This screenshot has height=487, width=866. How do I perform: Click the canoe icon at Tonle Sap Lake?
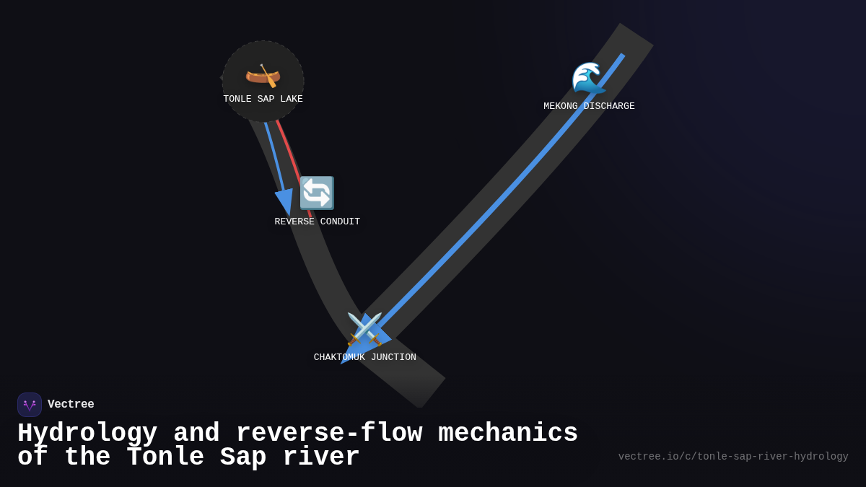263,75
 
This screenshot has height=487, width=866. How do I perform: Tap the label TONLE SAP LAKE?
263,100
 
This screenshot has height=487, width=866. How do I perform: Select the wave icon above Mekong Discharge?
588,78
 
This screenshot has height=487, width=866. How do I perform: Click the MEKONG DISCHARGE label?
589,107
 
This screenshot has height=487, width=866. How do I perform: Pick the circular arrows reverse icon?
317,193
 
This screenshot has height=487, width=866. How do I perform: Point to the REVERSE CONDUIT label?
317,222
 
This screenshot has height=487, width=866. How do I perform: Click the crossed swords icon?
364,328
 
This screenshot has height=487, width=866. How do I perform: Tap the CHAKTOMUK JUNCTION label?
364,358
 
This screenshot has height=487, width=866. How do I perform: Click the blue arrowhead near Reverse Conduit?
284,201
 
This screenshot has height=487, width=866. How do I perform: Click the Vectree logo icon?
30,405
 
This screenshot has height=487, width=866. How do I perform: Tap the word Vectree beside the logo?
71,405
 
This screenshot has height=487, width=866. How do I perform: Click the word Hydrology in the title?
87,434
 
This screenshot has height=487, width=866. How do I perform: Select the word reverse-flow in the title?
328,434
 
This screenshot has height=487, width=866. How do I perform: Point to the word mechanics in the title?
508,434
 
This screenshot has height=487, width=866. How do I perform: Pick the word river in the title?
321,457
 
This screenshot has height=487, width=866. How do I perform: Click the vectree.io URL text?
732,457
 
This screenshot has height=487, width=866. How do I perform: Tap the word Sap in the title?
243,457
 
